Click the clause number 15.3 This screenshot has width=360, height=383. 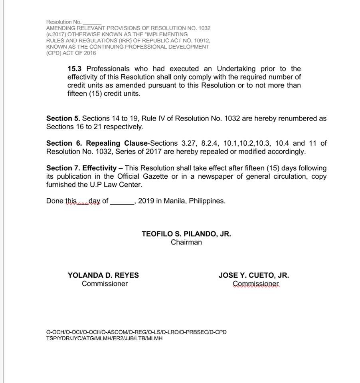[x=75, y=69]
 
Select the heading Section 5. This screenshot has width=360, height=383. [x=63, y=118]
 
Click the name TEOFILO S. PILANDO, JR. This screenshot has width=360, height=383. [x=186, y=234]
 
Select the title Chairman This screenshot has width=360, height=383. [x=186, y=242]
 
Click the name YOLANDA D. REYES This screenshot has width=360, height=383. [x=103, y=275]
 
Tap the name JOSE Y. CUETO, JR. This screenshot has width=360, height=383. [x=254, y=275]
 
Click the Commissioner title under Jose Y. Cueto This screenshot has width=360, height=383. [x=256, y=284]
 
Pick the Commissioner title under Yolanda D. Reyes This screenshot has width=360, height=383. [x=105, y=284]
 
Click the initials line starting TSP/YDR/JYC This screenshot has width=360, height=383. [x=104, y=338]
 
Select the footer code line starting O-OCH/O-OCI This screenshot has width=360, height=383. [x=136, y=332]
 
